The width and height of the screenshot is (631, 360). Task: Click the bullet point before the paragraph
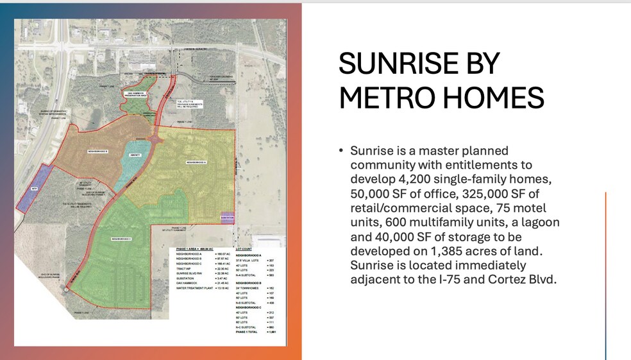pyautogui.click(x=341, y=151)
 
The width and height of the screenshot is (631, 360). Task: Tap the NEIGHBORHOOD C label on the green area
pyautogui.click(x=121, y=239)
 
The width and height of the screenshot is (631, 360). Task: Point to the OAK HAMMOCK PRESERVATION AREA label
pyautogui.click(x=137, y=95)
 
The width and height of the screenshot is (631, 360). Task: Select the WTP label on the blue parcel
pyautogui.click(x=35, y=189)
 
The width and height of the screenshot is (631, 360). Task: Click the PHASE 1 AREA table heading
pyautogui.click(x=192, y=248)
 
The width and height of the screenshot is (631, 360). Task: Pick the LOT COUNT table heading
pyautogui.click(x=244, y=248)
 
